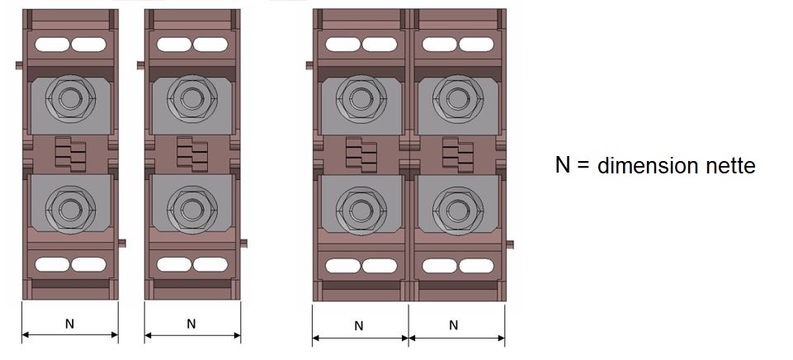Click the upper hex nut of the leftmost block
(x=70, y=99)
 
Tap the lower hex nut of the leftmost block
(x=70, y=209)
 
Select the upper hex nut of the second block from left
(x=192, y=99)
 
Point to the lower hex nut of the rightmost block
(x=458, y=210)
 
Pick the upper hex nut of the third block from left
(x=361, y=99)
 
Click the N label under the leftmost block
(x=70, y=324)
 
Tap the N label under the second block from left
(x=191, y=324)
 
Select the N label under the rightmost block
(x=454, y=325)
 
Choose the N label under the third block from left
(x=359, y=325)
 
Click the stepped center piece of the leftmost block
(x=70, y=154)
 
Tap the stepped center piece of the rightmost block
(x=458, y=154)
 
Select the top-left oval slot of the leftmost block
(x=52, y=45)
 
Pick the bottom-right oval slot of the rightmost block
(x=476, y=266)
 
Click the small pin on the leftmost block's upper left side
(x=19, y=64)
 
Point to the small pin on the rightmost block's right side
(x=510, y=244)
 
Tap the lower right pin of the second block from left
(x=243, y=244)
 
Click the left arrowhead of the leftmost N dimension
(x=26, y=334)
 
